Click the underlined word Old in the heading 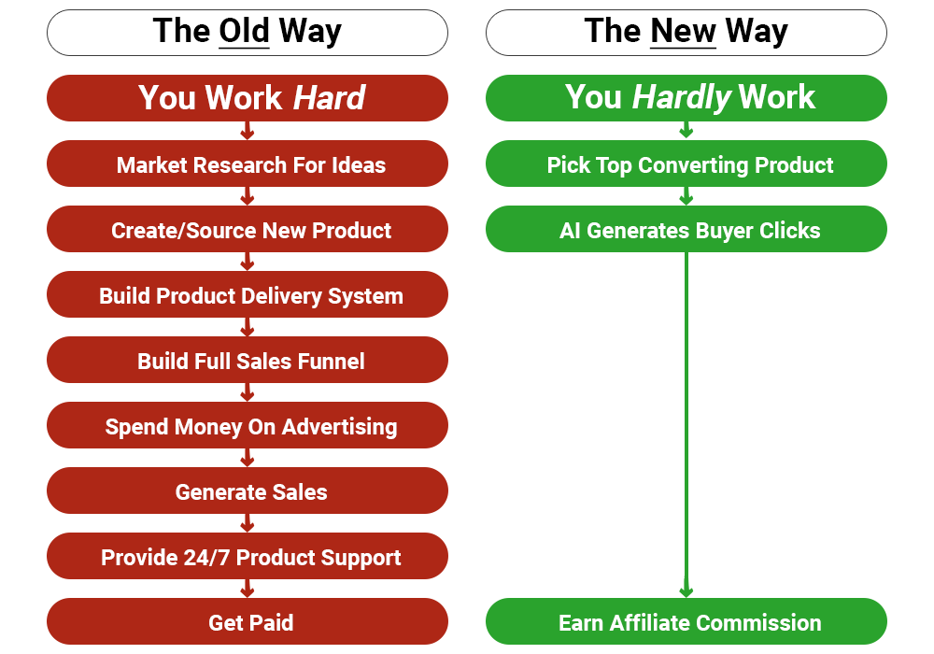pos(244,32)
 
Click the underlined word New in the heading pos(683,32)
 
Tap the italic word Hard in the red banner pos(329,98)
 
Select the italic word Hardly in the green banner pos(681,98)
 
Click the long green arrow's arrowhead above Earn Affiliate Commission pos(686,590)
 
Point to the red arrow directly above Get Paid pos(248,589)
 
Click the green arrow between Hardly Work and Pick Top pos(686,131)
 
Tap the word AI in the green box pos(570,231)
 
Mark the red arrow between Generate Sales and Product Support pos(248,523)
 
